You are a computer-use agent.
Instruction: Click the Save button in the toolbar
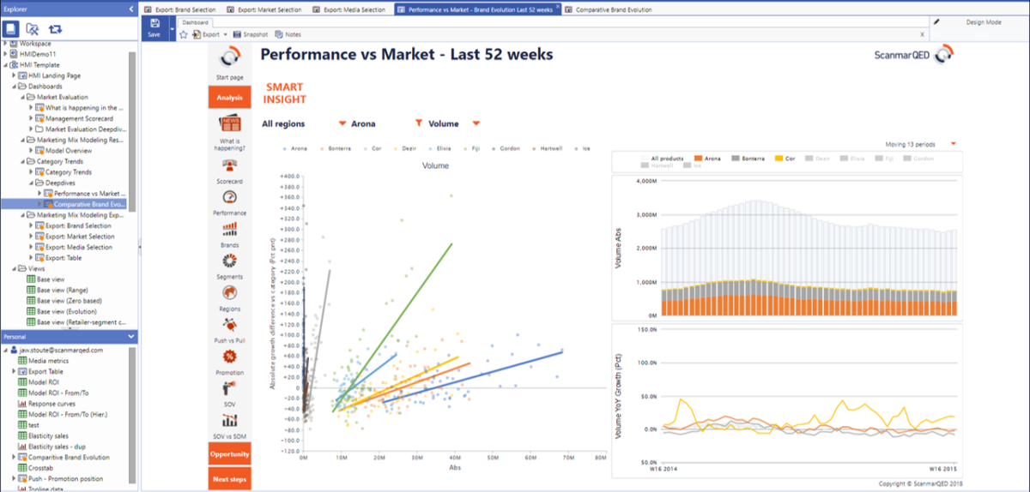click(x=154, y=28)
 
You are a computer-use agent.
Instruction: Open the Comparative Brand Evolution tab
click(x=615, y=9)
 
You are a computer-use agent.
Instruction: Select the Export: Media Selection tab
click(x=354, y=9)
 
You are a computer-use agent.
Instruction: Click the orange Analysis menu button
click(x=229, y=98)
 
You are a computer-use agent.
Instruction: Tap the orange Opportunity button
click(x=229, y=454)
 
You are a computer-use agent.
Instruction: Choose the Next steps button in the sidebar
click(x=229, y=479)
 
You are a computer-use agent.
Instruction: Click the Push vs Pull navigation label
click(x=229, y=340)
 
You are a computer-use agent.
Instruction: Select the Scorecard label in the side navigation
click(x=229, y=182)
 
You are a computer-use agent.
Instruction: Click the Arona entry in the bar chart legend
click(x=712, y=159)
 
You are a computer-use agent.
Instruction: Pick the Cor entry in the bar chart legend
click(x=789, y=159)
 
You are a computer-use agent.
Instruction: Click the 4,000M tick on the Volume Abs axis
click(x=645, y=182)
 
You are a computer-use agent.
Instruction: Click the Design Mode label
click(x=984, y=22)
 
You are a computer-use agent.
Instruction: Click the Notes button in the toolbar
click(x=293, y=35)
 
